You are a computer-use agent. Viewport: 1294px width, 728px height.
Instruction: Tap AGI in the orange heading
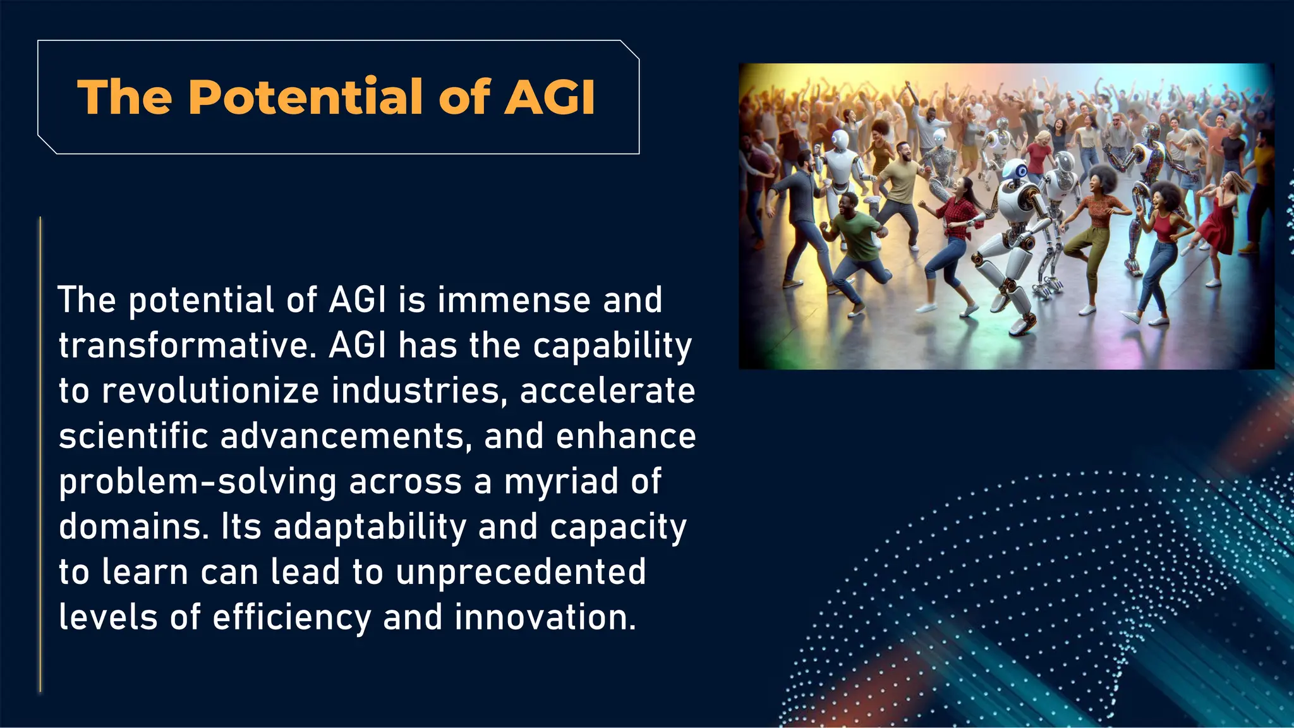(x=549, y=98)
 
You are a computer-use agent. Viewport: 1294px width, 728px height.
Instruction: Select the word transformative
(x=186, y=346)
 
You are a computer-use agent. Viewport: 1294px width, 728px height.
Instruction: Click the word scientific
(x=133, y=437)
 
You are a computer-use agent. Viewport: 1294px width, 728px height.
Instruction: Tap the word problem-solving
(x=197, y=482)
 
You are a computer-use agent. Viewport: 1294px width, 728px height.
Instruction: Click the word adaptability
(x=370, y=528)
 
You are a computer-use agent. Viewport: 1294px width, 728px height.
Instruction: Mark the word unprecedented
(x=521, y=573)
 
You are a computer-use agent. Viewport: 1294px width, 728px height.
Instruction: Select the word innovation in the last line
(x=545, y=618)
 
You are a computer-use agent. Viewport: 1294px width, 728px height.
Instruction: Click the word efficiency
(x=292, y=618)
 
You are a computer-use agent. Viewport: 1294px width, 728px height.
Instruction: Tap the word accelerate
(x=607, y=391)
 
